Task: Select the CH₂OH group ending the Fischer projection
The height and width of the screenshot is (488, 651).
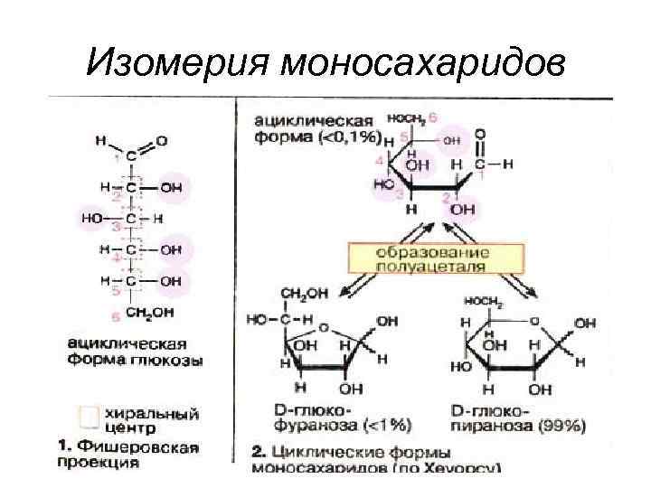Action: tap(149, 314)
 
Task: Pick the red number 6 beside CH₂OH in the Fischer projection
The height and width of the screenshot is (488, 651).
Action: tap(115, 315)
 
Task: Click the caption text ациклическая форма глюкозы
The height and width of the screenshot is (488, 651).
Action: tap(136, 352)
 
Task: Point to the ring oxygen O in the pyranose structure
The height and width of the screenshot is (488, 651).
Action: tap(534, 318)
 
